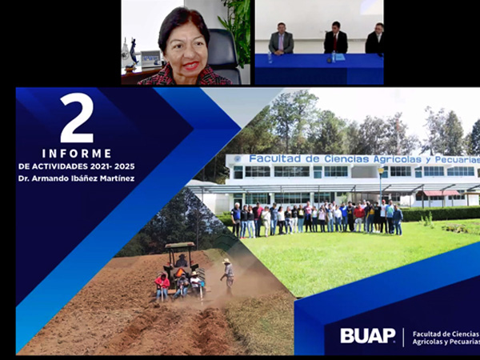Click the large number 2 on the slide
[77, 118]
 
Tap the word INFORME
[77, 154]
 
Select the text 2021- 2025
[112, 166]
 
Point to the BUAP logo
[368, 336]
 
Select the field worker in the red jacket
[162, 286]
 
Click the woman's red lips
[191, 66]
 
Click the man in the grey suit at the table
[281, 39]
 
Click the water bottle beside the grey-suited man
[270, 58]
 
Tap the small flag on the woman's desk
[134, 51]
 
